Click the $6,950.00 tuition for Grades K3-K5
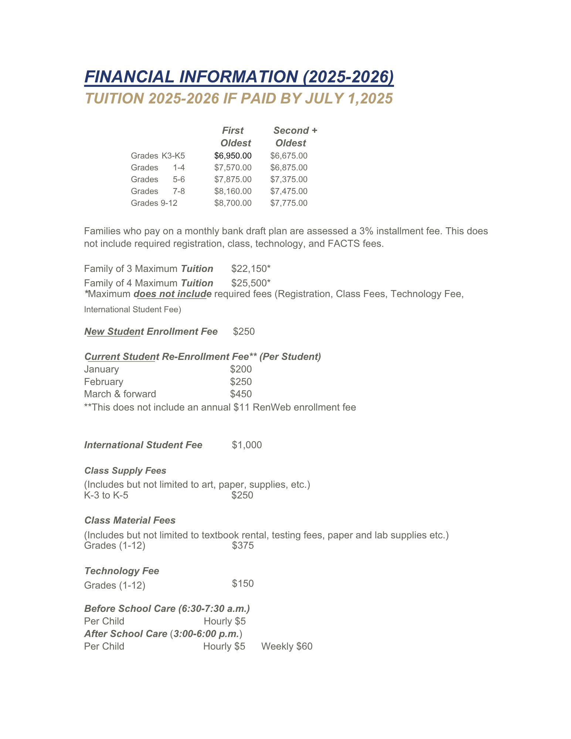tap(233, 156)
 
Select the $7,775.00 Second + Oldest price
tap(289, 203)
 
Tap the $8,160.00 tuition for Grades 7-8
tap(233, 191)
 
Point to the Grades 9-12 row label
tap(154, 203)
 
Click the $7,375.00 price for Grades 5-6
tap(289, 180)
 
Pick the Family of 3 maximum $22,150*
tap(251, 269)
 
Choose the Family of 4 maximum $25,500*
tap(251, 283)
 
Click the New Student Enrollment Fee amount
tap(244, 331)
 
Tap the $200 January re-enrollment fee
tap(241, 369)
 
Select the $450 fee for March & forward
tap(241, 394)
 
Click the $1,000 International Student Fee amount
tap(247, 445)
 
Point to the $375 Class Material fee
tap(243, 545)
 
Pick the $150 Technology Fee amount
tap(243, 584)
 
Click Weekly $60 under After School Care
tap(287, 646)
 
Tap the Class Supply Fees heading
tap(125, 471)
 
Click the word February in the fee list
tap(103, 382)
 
